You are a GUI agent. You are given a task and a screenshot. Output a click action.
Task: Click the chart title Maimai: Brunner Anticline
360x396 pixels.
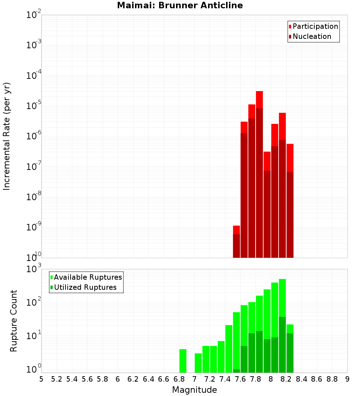tap(180, 5)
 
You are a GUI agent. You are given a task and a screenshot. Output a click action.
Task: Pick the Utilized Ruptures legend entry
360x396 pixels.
tap(85, 287)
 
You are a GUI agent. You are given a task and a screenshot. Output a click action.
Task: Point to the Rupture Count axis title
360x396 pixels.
tap(14, 321)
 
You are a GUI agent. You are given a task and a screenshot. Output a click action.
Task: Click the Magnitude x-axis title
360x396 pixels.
tap(194, 390)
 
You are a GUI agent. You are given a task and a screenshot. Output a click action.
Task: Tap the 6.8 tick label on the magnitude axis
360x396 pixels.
tap(179, 379)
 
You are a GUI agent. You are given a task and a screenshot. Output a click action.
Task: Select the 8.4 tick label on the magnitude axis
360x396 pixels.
tap(301, 379)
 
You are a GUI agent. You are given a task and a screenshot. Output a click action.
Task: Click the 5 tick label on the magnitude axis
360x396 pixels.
tap(41, 379)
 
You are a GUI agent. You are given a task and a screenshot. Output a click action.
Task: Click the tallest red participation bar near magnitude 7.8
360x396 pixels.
tap(259, 99)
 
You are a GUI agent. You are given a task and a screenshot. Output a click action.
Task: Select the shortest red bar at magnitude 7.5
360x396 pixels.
tap(236, 230)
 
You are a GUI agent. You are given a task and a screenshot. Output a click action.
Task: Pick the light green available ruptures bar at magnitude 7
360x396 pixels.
tap(198, 363)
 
